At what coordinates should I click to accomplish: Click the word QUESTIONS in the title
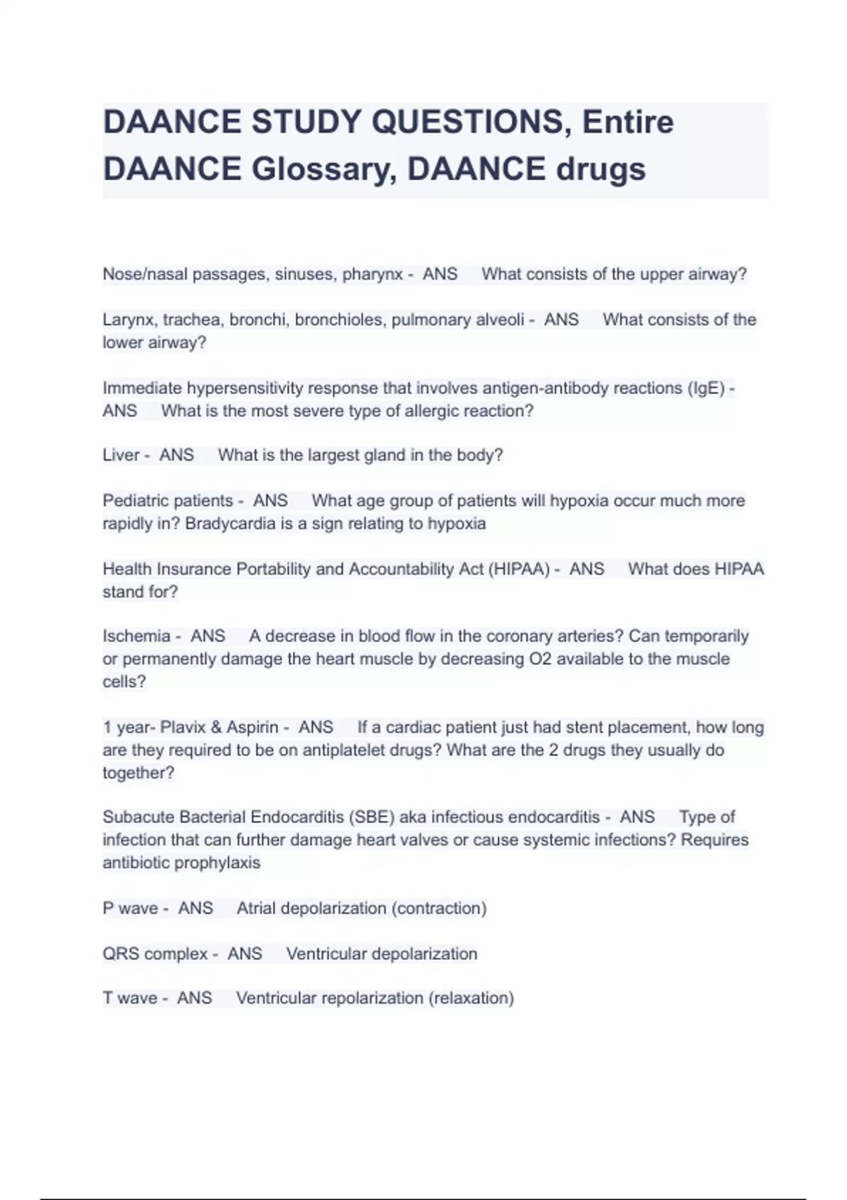pos(467,122)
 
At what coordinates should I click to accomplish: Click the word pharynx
pos(373,274)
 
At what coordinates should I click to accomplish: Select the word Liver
pos(121,455)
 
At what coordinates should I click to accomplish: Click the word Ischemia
pos(136,636)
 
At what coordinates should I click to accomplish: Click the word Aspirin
pos(252,727)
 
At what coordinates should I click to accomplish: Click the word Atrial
pos(256,908)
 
